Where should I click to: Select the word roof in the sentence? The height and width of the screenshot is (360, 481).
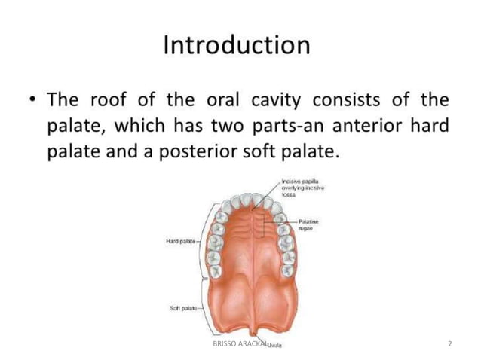click(x=111, y=100)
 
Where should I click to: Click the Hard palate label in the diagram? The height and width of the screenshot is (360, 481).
click(x=181, y=241)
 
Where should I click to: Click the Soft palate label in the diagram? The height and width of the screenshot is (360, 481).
click(x=182, y=308)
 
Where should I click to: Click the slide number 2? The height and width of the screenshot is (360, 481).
click(x=449, y=344)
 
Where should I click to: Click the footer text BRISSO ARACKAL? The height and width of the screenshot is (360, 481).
click(x=235, y=344)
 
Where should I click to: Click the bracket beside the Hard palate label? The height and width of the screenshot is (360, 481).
click(x=201, y=241)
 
